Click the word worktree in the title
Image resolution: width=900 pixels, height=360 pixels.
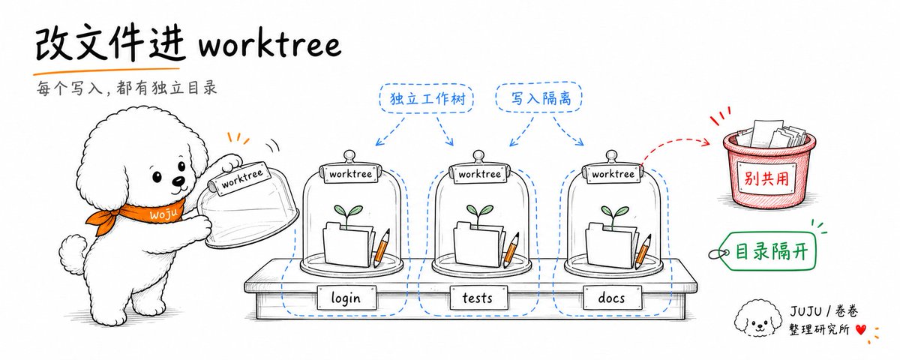[x=269, y=46]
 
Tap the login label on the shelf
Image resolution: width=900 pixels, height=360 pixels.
[x=346, y=298]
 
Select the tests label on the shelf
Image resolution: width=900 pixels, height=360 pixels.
[x=478, y=298]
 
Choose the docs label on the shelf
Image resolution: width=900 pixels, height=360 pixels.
[x=611, y=298]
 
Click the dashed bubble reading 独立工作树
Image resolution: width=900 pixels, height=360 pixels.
[x=427, y=98]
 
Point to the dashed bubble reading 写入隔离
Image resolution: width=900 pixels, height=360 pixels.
[x=539, y=97]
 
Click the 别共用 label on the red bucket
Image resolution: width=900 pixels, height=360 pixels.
[x=766, y=178]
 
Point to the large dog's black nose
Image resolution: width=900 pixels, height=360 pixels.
[x=178, y=181]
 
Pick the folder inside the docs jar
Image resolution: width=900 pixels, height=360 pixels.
[x=610, y=244]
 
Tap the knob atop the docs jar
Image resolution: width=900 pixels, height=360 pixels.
[x=611, y=157]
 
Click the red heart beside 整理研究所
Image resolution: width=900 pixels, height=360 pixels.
[x=861, y=330]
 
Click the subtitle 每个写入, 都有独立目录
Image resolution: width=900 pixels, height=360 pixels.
[x=127, y=88]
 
